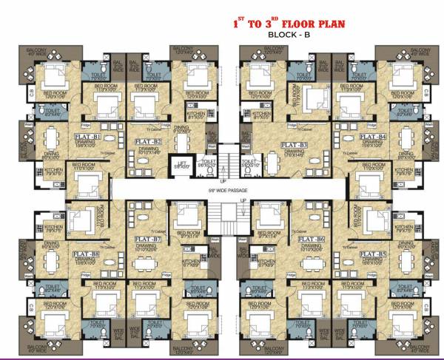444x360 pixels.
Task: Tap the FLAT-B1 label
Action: pos(87,137)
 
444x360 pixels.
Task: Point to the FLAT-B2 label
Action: pos(147,139)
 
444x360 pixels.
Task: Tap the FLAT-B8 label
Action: pos(87,254)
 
